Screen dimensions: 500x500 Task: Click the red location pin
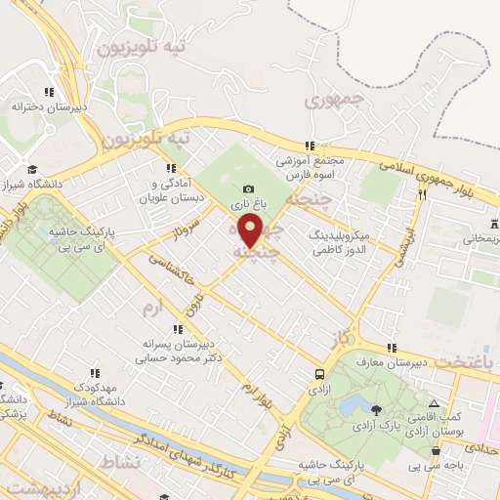click(x=251, y=232)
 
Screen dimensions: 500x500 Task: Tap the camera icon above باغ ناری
click(x=248, y=188)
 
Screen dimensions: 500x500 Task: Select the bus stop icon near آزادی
click(x=320, y=374)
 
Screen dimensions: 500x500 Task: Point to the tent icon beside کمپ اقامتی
click(x=434, y=403)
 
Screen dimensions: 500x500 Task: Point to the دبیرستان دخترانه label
click(x=45, y=106)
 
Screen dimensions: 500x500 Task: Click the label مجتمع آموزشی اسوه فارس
click(x=309, y=166)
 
